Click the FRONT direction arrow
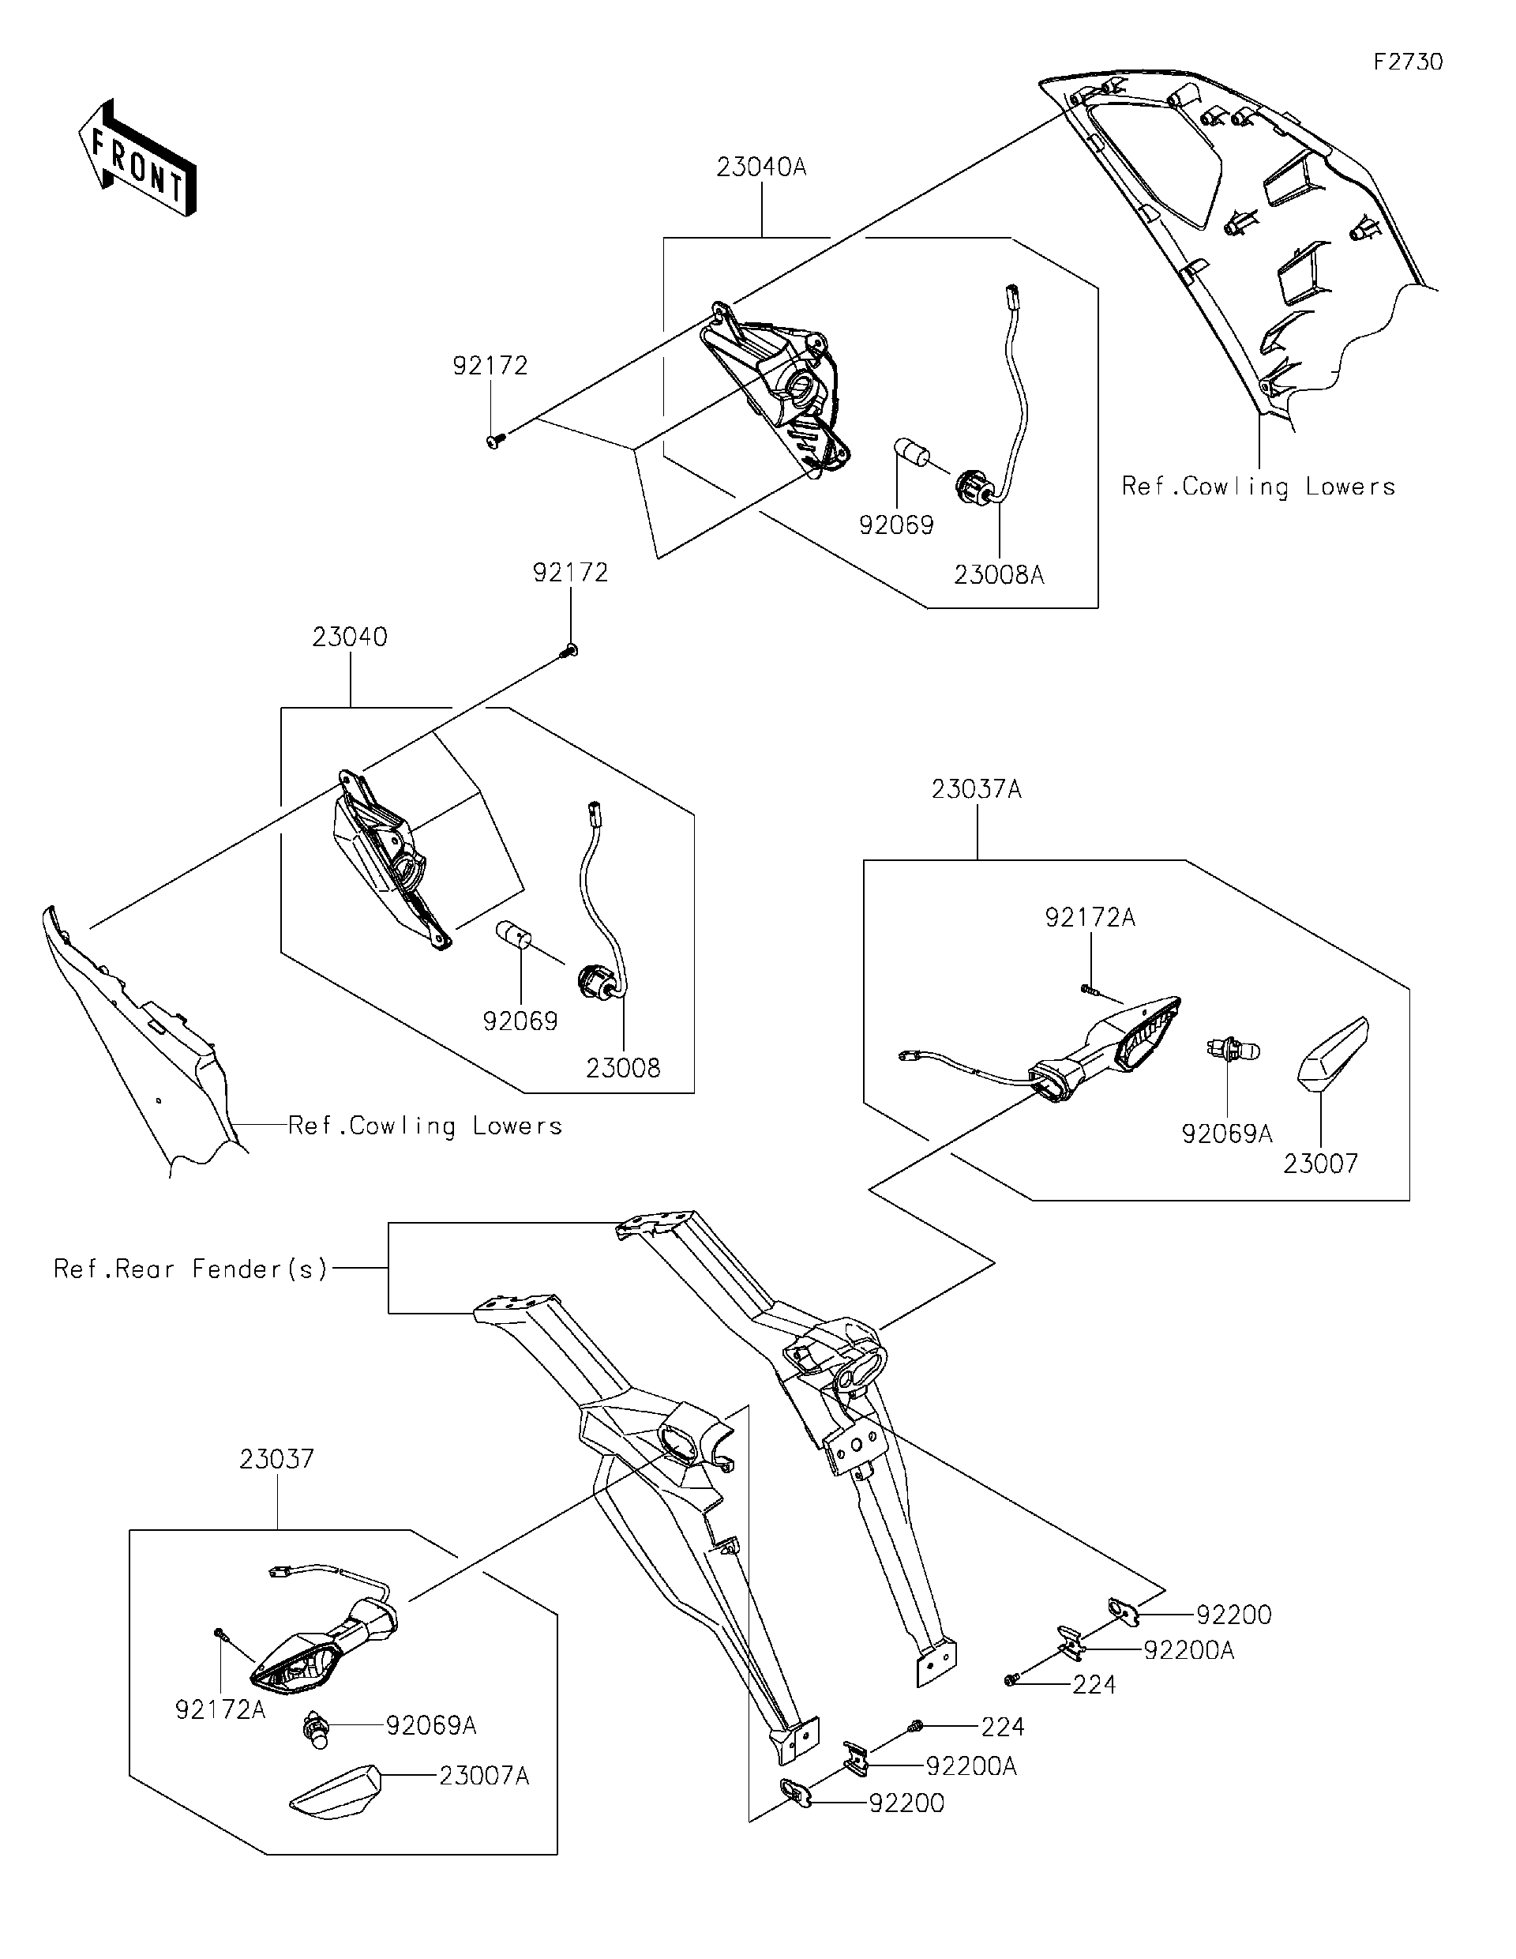(137, 159)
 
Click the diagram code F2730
(1409, 62)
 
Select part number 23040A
(761, 167)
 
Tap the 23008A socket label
(999, 575)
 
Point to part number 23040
(350, 637)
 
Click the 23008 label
(623, 1068)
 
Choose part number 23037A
(976, 789)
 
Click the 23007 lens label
(1320, 1164)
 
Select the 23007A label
(484, 1776)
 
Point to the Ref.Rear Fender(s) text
(191, 1269)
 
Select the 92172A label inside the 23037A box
(1090, 918)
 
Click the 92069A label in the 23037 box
(431, 1725)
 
